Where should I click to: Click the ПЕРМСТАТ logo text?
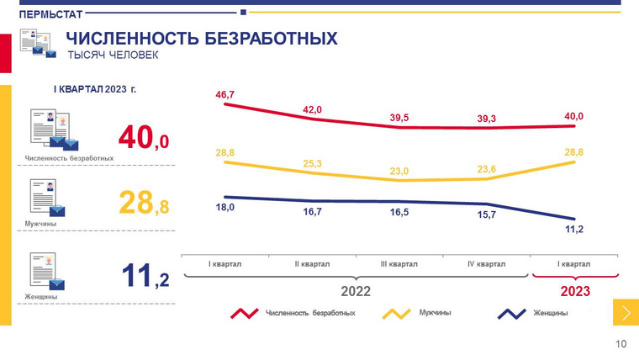click(50, 14)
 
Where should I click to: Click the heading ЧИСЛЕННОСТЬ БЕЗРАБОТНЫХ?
click(201, 39)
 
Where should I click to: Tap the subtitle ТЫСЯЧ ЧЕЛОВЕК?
click(112, 56)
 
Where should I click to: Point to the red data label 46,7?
click(224, 94)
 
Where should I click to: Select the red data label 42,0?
click(313, 109)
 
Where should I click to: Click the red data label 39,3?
click(486, 119)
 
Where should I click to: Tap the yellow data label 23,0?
click(399, 171)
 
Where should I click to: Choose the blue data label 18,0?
click(224, 207)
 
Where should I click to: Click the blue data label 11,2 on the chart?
click(573, 228)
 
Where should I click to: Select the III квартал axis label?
click(399, 264)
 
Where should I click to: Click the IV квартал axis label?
click(486, 264)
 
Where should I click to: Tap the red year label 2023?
click(575, 291)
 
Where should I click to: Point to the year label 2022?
click(355, 291)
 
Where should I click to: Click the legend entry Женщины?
click(550, 313)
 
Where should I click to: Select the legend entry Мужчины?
click(435, 313)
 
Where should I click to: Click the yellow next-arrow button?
click(626, 313)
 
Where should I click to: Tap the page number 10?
click(621, 343)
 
